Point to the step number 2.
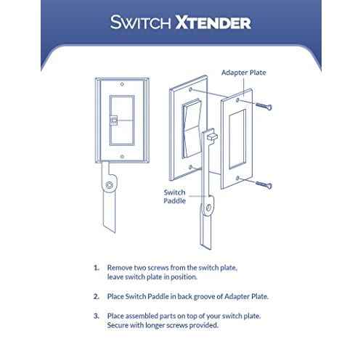(x=96, y=297)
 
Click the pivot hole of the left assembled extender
(x=109, y=187)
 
